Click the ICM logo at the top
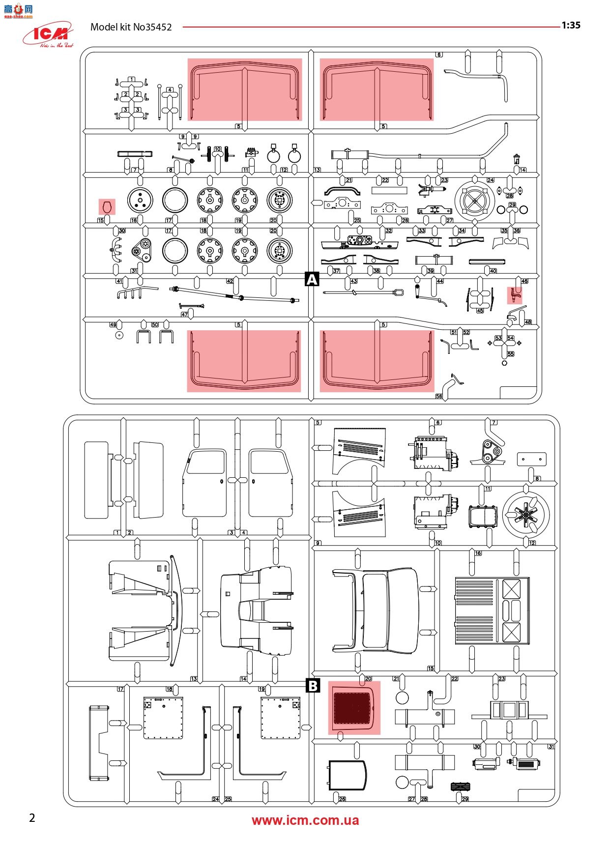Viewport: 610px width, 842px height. (48, 34)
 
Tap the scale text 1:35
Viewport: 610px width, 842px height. (571, 26)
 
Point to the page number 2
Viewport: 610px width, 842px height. (32, 818)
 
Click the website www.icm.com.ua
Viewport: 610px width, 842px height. (305, 820)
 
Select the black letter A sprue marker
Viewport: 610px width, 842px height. (312, 279)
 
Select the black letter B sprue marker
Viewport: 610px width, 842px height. (313, 685)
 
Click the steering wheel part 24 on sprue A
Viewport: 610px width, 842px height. (474, 200)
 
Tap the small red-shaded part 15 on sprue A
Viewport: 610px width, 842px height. (107, 207)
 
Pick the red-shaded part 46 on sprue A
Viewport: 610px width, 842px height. (514, 295)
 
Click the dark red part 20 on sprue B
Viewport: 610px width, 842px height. (354, 708)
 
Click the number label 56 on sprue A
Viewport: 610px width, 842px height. (439, 396)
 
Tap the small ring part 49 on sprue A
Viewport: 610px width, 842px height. (119, 335)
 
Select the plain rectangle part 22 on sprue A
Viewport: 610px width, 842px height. (389, 190)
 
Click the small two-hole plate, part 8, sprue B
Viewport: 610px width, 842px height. (531, 459)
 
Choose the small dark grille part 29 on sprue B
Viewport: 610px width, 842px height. (460, 786)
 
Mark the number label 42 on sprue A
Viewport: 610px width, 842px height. (230, 281)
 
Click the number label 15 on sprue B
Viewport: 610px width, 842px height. (431, 668)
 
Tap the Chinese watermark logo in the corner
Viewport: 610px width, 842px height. (18, 9)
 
